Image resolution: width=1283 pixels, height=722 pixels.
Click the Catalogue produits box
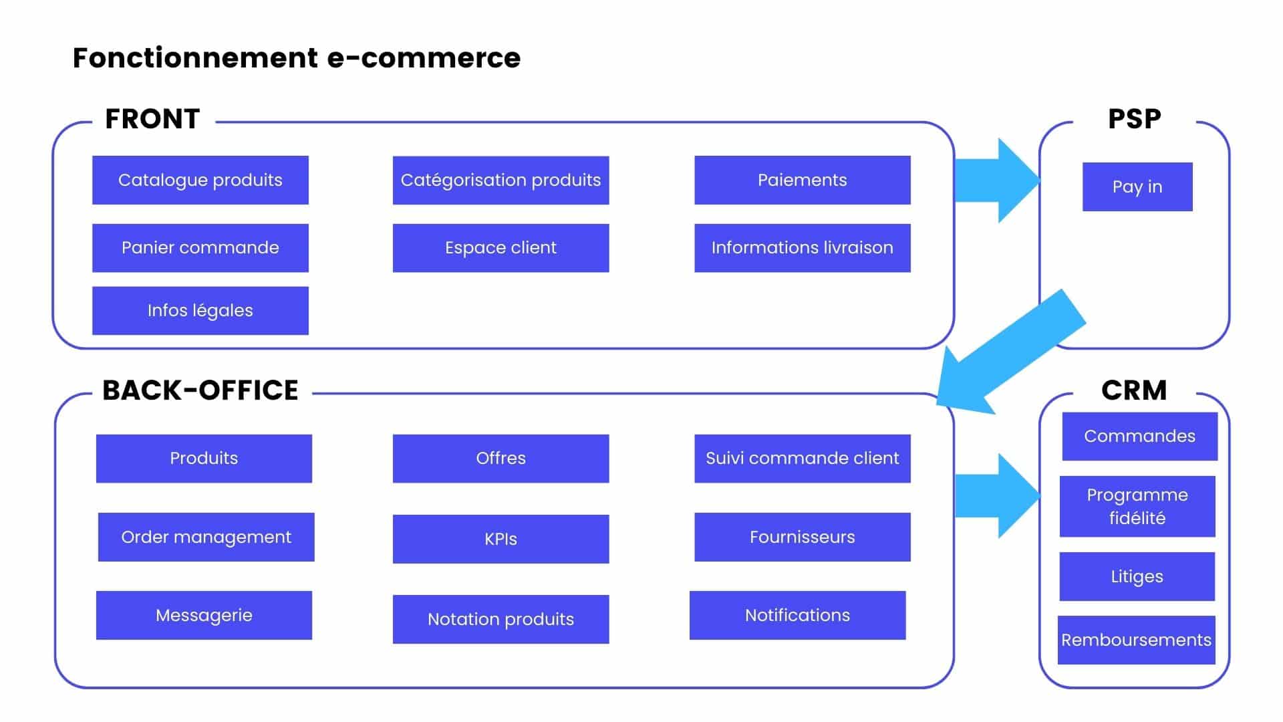click(200, 180)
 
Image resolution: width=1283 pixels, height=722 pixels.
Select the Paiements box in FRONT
click(802, 180)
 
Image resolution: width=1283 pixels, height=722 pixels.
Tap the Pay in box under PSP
click(1137, 187)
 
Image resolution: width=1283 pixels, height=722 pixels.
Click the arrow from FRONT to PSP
click(996, 180)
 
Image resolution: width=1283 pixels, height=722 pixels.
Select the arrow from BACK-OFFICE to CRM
click(996, 495)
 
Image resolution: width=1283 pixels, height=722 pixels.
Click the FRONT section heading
click(152, 119)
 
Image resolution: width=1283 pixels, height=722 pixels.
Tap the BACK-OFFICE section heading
click(200, 390)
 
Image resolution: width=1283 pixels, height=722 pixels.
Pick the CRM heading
click(1133, 390)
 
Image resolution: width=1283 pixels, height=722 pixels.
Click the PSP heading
click(1134, 119)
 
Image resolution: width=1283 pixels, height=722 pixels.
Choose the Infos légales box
click(200, 310)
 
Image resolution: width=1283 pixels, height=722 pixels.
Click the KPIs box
click(501, 539)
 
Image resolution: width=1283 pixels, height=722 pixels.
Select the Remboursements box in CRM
click(1136, 640)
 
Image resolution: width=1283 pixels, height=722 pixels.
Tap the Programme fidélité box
click(1137, 506)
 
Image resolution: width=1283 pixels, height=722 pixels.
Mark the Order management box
click(206, 537)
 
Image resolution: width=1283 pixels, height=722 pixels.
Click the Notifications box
click(797, 615)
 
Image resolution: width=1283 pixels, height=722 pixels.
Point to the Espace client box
click(501, 247)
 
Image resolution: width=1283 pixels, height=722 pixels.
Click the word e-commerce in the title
click(423, 58)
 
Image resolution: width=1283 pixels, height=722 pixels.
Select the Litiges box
click(1137, 576)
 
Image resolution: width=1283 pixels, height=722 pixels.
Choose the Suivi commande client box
click(802, 458)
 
